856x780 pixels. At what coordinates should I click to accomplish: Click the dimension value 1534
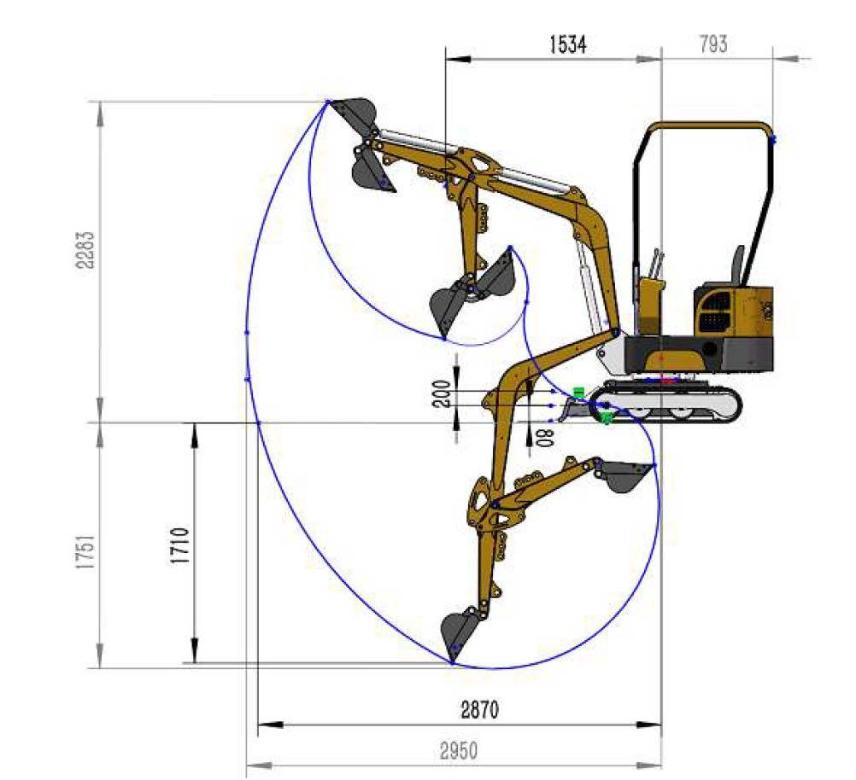coord(568,44)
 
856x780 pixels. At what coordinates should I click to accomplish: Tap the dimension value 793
coord(713,44)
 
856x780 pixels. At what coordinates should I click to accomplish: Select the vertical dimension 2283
coord(85,250)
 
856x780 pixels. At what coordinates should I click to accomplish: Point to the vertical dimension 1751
coord(85,552)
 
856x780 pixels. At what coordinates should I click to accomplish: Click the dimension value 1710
coord(180,545)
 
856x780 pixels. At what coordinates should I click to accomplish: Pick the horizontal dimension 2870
coord(480,710)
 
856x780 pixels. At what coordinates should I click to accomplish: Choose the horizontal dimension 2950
coord(459,751)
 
